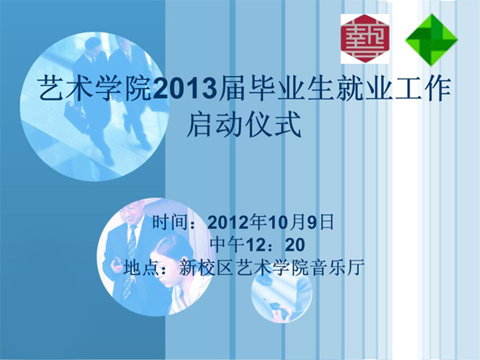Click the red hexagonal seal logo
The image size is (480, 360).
pos(365,39)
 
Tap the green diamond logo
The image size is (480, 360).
pos(431,40)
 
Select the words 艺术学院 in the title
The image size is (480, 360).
pos(96,89)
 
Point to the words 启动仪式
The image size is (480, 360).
pos(244,125)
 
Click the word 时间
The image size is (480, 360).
pos(170,222)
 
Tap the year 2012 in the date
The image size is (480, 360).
pos(228,222)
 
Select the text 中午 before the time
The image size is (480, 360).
pos(227,244)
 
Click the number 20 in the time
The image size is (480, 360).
pos(295,244)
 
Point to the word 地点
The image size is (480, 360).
pos(141,267)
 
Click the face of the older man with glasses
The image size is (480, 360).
pos(133,214)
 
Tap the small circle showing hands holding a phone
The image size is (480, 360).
pos(282,293)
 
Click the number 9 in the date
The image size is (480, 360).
pos(312,222)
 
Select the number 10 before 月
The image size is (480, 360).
pos(278,222)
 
